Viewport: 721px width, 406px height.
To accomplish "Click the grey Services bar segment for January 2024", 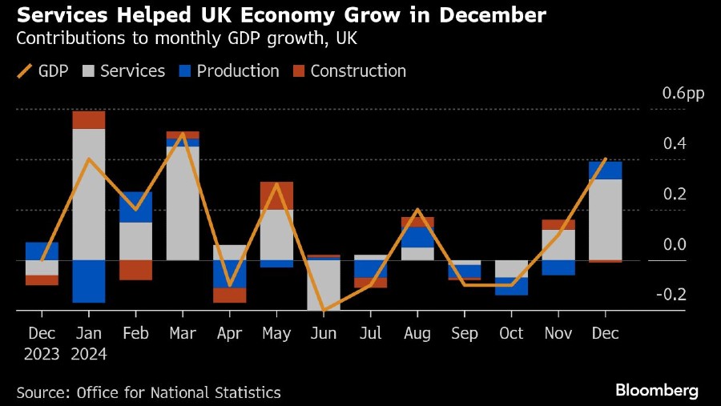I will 89,194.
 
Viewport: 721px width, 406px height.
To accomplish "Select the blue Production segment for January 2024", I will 89,281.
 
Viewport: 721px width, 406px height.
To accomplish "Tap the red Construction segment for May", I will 276,195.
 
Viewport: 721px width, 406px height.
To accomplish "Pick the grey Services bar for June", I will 323,285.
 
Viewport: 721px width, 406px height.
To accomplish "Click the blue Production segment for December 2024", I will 605,170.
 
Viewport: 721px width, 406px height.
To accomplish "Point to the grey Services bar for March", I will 183,203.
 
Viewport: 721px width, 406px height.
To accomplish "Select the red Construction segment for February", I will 135,270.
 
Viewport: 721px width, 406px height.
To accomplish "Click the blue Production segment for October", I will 511,286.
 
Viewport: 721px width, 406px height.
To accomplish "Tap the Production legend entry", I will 228,70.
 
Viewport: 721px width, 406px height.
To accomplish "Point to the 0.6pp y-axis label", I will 683,94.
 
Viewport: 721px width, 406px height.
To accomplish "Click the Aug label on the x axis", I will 417,333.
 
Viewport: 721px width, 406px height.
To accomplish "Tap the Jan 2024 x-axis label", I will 89,343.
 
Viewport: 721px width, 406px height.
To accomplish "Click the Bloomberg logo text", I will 656,391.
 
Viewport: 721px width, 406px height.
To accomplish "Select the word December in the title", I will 485,14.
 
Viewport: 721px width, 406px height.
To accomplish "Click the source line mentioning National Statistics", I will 148,392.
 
